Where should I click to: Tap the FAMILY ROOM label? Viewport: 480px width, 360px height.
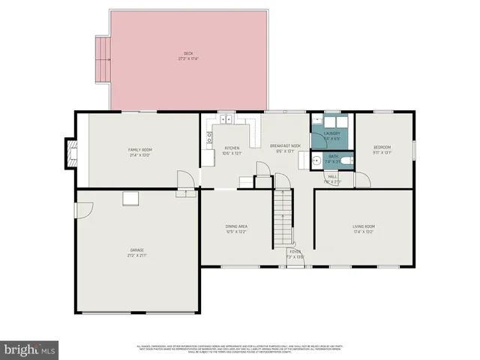(x=140, y=150)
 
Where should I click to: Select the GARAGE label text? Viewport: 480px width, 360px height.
(x=136, y=250)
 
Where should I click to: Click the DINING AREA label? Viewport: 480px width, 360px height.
(x=236, y=226)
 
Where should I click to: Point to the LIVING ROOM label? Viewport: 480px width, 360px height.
(x=364, y=226)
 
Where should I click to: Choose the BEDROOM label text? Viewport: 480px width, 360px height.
(x=382, y=147)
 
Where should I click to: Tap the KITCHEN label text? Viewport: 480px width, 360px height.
(x=232, y=148)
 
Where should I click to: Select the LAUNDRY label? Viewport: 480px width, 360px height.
(x=331, y=133)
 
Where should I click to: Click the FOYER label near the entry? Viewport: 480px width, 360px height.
(x=294, y=251)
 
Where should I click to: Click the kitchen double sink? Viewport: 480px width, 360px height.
(x=226, y=118)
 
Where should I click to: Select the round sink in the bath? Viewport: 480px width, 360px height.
(x=318, y=160)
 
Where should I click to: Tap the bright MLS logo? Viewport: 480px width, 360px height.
(x=30, y=349)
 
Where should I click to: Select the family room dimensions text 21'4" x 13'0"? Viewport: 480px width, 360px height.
(x=140, y=155)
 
